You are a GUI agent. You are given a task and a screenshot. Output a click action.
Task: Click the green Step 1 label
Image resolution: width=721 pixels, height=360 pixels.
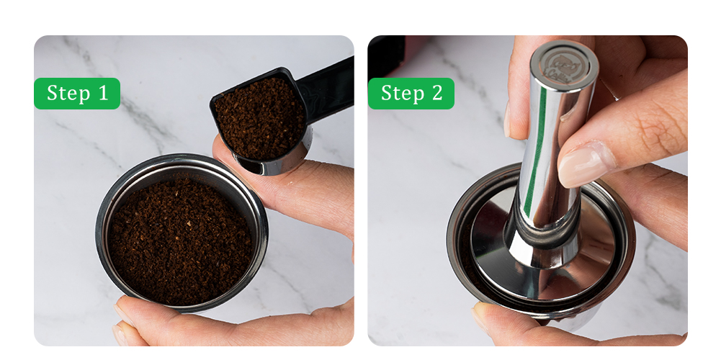(x=77, y=94)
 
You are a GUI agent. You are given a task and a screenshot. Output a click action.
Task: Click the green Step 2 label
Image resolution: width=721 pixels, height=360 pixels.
(x=411, y=94)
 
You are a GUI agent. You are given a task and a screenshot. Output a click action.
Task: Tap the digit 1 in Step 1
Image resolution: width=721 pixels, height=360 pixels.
(x=103, y=93)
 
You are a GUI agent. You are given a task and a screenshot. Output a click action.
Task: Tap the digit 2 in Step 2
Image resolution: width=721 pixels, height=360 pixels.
(x=436, y=93)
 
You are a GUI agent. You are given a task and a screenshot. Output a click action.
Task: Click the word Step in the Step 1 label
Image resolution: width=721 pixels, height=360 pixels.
(x=68, y=94)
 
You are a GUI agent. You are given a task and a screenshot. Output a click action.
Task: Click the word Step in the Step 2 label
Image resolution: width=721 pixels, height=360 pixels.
(x=402, y=94)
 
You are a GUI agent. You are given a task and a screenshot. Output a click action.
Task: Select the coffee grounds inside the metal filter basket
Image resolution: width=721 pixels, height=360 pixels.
(x=181, y=241)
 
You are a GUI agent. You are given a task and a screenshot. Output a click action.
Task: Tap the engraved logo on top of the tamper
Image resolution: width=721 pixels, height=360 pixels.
(x=564, y=68)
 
